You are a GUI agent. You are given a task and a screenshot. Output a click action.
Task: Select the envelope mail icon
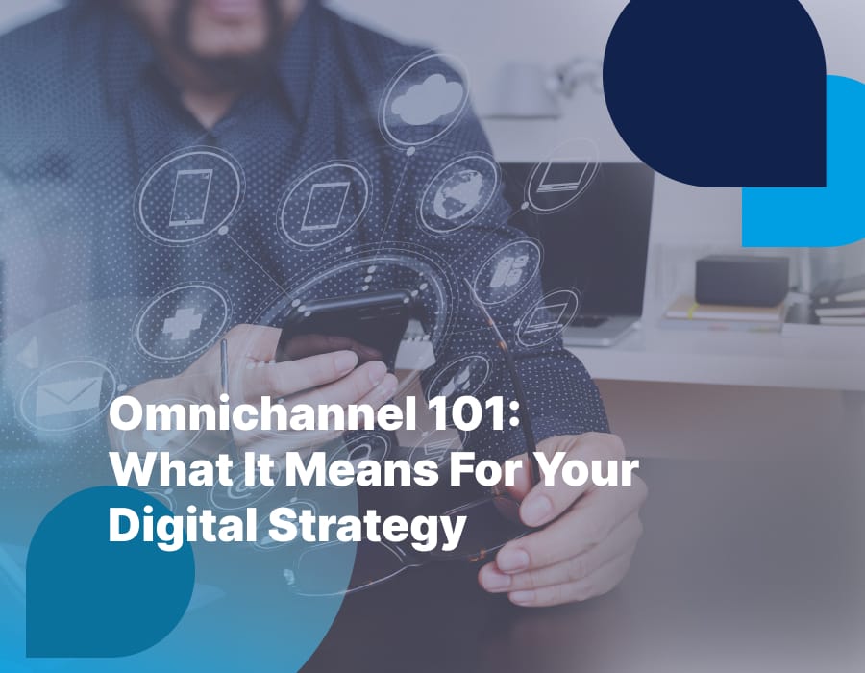[x=66, y=394]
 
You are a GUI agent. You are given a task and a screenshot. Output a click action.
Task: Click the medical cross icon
[x=180, y=322]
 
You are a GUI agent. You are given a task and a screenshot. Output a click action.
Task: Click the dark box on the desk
[x=741, y=280]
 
